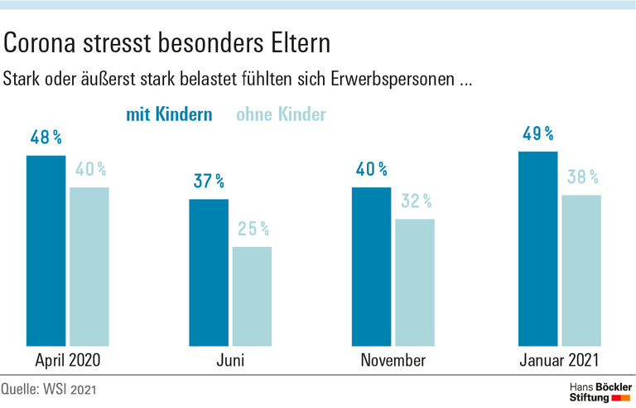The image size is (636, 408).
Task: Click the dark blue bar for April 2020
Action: point(46,250)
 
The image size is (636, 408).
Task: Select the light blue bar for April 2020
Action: point(89,266)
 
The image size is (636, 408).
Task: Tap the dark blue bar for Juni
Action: point(209,272)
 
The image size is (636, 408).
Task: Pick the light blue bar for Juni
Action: point(252,296)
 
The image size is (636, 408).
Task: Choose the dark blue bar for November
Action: point(372,266)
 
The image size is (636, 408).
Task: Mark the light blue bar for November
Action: point(415,282)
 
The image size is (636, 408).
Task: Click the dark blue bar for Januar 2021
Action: point(537,248)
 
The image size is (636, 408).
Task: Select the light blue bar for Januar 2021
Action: point(581,270)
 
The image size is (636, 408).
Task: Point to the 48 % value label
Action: point(47,138)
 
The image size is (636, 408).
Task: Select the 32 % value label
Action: point(416,201)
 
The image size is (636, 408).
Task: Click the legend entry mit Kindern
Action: point(169,114)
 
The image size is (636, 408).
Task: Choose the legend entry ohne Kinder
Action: point(281,114)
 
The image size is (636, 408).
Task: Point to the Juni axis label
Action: point(229,361)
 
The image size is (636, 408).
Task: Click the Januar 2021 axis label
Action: point(559,361)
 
